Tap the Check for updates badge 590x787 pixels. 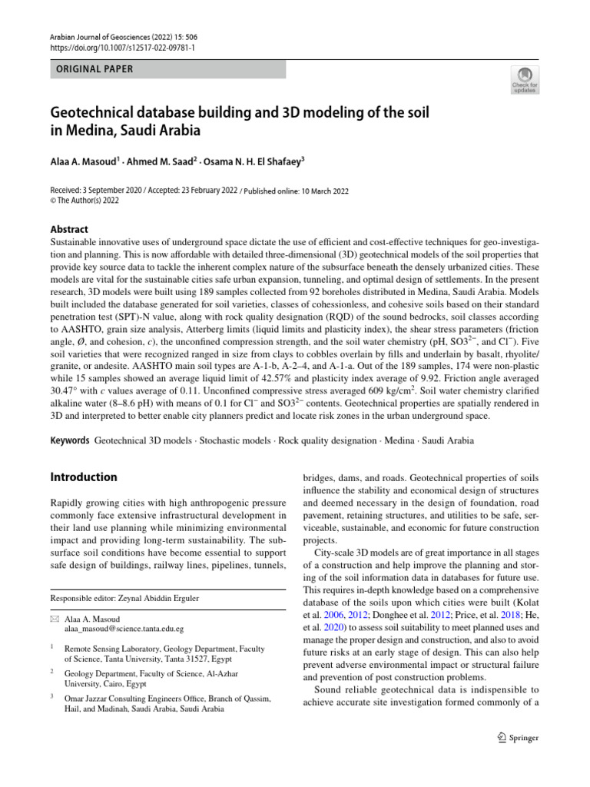pos(525,79)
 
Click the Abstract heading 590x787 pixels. pos(69,229)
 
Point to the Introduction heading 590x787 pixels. pos(84,477)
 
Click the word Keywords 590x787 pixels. pos(70,441)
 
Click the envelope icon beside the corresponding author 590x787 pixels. pos(54,618)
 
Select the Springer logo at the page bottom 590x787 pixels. pos(518,738)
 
